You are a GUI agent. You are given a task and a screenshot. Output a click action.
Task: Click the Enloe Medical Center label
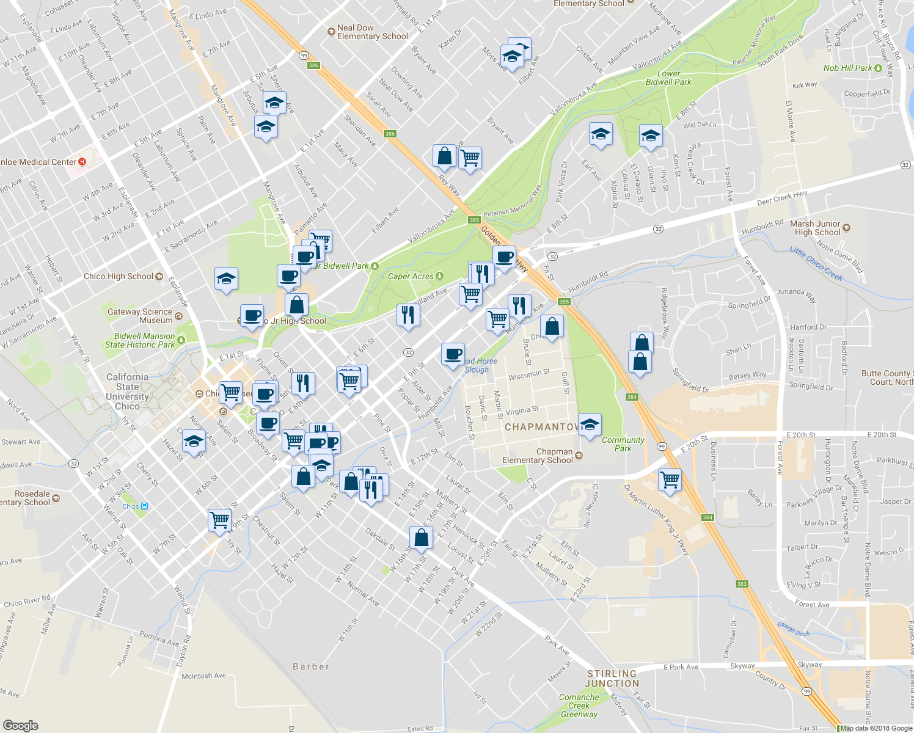(39, 162)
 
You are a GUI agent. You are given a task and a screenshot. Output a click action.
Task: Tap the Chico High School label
(119, 276)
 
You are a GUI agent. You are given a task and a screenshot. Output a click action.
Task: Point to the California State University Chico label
(127, 392)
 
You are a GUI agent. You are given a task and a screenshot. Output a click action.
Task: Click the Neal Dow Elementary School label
(372, 32)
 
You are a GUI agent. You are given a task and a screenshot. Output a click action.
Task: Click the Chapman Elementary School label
(538, 456)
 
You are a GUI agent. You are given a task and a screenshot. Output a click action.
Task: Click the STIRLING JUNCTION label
(612, 679)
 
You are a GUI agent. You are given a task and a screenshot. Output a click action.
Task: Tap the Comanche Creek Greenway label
(579, 706)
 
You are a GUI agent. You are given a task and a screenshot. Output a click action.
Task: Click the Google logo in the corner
(20, 725)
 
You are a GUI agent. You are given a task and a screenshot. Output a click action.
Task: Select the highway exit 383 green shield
(742, 584)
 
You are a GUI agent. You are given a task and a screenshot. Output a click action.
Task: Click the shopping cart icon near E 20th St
(670, 479)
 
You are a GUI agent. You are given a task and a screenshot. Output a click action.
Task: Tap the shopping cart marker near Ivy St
(219, 520)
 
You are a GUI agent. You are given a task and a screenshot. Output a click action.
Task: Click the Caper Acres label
(411, 276)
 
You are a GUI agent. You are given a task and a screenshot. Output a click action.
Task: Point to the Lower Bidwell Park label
(668, 78)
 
